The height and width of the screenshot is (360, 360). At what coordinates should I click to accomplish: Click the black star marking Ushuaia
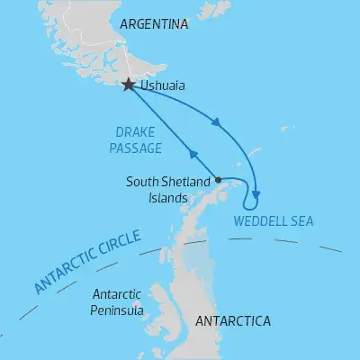click(x=129, y=85)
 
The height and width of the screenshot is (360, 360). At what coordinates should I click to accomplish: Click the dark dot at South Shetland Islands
click(x=219, y=179)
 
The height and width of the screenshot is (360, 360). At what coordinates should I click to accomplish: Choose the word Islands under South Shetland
click(x=167, y=197)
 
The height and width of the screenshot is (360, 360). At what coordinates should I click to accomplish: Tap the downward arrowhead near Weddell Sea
click(x=257, y=190)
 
